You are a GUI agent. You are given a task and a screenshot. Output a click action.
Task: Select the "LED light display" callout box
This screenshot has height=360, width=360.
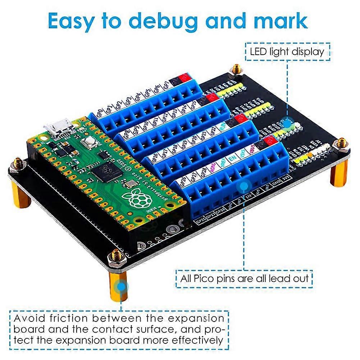tap(287, 51)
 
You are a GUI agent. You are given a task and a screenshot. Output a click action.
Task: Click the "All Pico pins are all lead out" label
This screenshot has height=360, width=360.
tap(243, 278)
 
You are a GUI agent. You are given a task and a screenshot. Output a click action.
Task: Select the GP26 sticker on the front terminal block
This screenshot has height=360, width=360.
tap(183, 181)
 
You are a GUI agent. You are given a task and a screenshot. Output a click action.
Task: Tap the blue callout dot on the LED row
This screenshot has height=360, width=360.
tap(287, 123)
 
